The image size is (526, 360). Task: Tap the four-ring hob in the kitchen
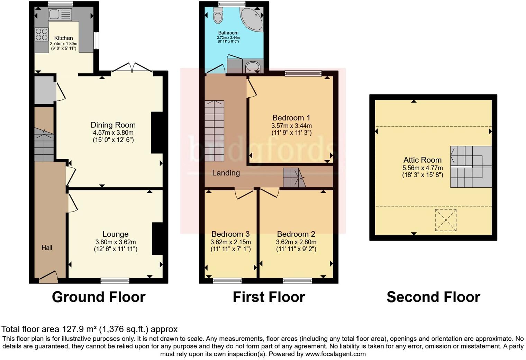tap(42, 34)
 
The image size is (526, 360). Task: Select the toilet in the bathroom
tap(218, 16)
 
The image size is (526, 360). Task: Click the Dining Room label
tap(113, 125)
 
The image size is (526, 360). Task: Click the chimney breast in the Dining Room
tap(157, 133)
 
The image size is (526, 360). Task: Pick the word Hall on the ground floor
tap(47, 247)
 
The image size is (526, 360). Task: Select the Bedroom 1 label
tap(291, 118)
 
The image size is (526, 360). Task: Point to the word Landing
tap(226, 173)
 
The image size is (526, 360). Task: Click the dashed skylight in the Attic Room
tap(446, 220)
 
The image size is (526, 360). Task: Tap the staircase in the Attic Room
tap(471, 167)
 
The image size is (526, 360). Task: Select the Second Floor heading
tap(433, 297)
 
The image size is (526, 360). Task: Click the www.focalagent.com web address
tap(335, 354)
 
